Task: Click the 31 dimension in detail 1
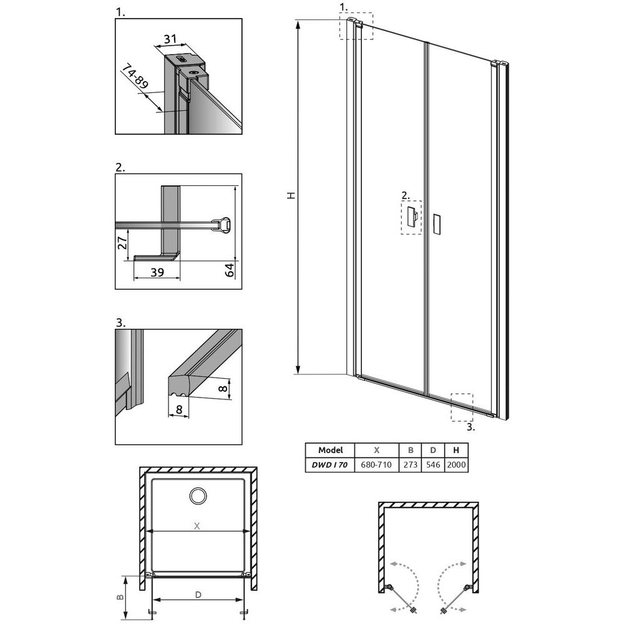170,39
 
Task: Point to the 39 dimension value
157,272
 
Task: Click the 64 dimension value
230,270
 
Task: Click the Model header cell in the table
330,450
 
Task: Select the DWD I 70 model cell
329,464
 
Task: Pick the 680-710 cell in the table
376,464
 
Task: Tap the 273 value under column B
411,464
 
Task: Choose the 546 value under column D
433,464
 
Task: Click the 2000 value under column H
456,464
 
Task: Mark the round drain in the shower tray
198,496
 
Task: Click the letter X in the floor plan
197,526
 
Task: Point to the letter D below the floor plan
198,595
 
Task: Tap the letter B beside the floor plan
120,597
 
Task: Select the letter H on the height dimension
291,195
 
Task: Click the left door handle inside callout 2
412,217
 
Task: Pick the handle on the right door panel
437,223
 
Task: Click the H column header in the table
456,450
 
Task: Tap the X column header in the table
376,450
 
